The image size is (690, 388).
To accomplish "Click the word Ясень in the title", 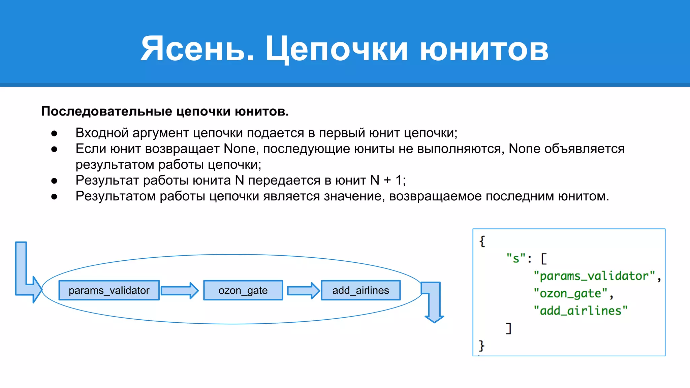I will click(x=197, y=49).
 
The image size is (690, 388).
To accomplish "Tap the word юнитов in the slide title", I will click(x=484, y=49).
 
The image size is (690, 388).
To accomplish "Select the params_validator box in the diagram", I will click(x=109, y=290).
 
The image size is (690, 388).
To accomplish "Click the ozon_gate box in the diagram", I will click(x=243, y=290).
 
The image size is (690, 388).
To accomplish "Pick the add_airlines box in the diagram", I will click(x=360, y=290).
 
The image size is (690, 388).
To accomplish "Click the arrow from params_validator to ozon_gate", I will click(x=180, y=291).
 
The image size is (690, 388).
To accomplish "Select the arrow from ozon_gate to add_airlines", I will click(x=303, y=291).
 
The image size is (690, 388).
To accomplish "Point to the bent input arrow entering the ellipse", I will click(x=24, y=280).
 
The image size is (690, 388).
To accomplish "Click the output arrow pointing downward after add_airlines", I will click(x=434, y=303).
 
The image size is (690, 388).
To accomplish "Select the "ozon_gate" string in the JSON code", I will click(x=570, y=293).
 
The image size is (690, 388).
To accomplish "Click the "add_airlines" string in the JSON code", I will click(x=580, y=311).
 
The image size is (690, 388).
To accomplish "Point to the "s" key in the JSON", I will click(x=515, y=259).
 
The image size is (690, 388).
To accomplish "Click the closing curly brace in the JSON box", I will click(x=482, y=346).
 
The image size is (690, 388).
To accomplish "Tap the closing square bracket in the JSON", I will click(x=509, y=328).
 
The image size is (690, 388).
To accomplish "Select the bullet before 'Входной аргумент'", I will click(x=54, y=133).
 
